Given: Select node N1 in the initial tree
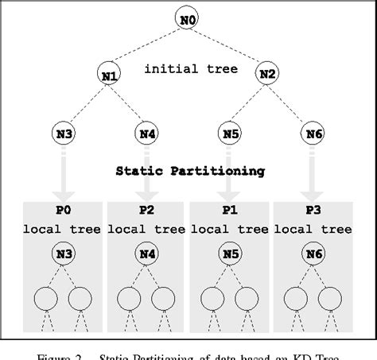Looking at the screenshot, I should (110, 75).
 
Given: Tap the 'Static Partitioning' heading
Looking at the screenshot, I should (190, 170).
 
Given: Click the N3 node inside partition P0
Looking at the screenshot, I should (64, 255).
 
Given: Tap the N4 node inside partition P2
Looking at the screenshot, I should (146, 255).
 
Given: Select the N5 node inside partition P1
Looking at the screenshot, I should (229, 255).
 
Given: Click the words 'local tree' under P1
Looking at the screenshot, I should (229, 230).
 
